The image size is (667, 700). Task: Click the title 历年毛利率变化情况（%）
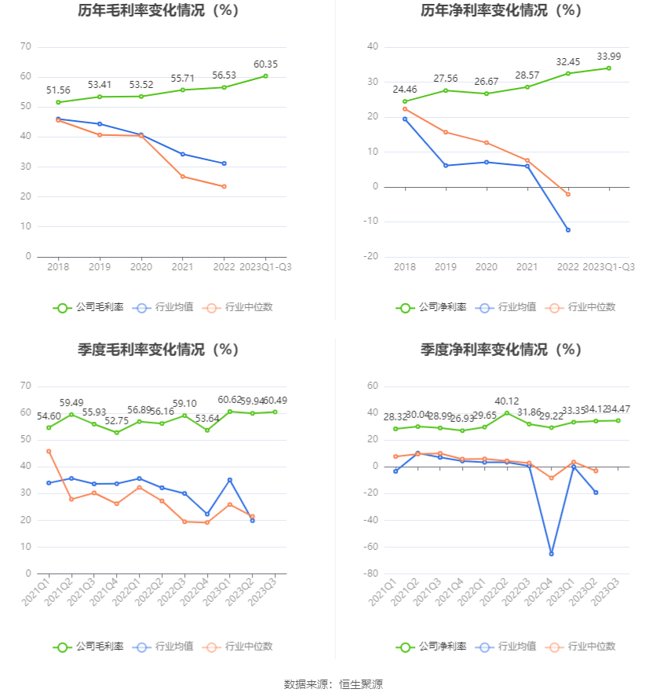point(159,11)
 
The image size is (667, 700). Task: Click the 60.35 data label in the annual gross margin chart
point(265,64)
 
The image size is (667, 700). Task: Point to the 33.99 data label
point(608,56)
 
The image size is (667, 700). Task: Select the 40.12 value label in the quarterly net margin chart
point(506,401)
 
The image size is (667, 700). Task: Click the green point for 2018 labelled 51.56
point(58,102)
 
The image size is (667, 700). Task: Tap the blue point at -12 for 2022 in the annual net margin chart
point(567,230)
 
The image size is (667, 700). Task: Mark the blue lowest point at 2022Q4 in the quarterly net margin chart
point(551,554)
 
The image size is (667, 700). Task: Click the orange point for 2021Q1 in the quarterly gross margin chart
point(49,451)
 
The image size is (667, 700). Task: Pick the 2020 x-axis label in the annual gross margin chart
point(141,267)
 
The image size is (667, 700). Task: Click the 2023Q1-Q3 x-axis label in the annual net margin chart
point(608,267)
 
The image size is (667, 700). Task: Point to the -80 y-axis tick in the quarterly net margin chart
point(370,574)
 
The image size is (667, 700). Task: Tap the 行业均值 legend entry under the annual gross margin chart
point(162,307)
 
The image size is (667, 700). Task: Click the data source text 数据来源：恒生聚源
point(333,684)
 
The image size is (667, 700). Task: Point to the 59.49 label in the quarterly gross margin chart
point(71,403)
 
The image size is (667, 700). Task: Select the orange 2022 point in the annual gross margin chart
point(224,186)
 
